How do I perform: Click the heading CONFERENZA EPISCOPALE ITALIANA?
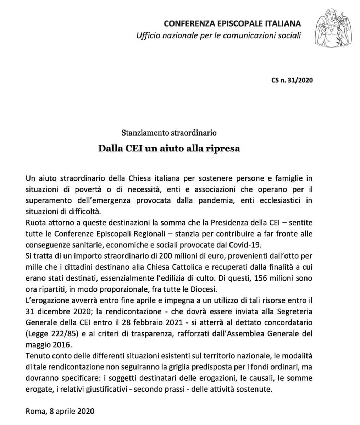(x=232, y=24)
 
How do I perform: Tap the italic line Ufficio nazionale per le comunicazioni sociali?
(x=219, y=35)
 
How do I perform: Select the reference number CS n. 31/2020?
(x=292, y=80)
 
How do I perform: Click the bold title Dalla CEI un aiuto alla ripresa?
(x=169, y=148)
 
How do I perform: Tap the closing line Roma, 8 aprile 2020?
(x=60, y=412)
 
